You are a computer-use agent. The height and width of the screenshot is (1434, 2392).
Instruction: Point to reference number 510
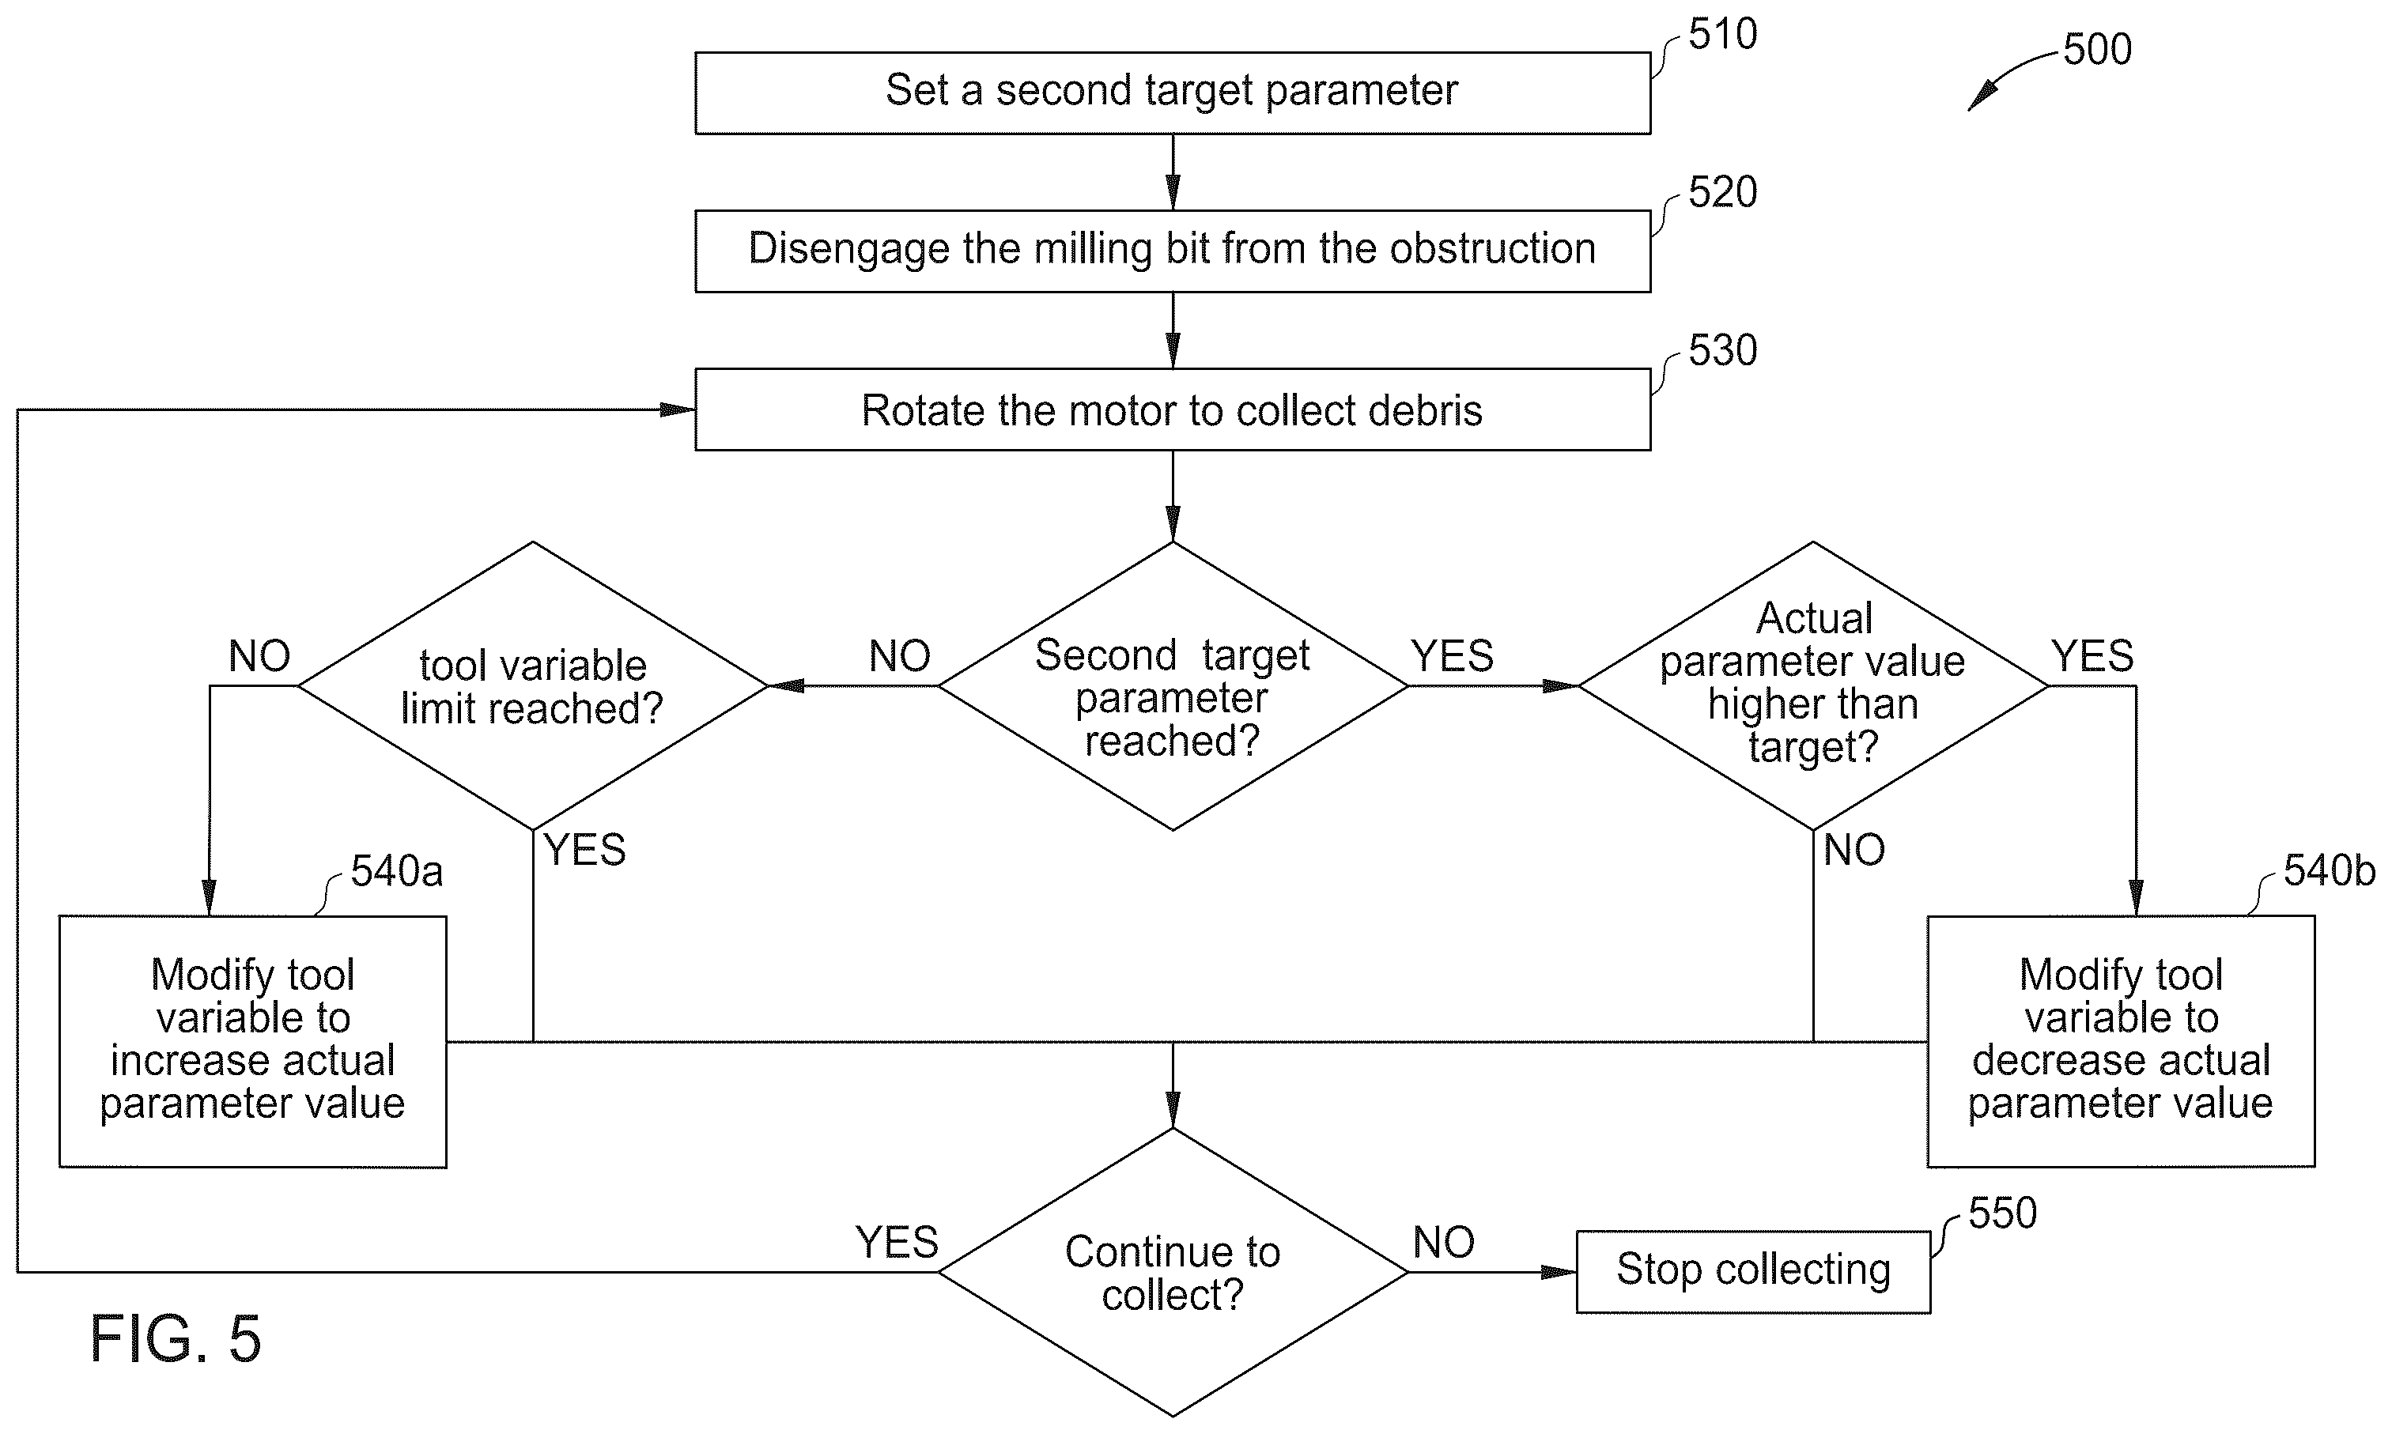(1722, 35)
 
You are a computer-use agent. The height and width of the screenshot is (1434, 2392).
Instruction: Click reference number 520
(1722, 192)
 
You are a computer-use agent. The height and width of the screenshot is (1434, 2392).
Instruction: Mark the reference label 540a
(396, 872)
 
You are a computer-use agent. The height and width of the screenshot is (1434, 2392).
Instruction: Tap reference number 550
(2002, 1213)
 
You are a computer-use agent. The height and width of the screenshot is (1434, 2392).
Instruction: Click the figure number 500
(2097, 49)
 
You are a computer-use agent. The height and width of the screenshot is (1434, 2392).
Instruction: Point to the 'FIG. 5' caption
(176, 1339)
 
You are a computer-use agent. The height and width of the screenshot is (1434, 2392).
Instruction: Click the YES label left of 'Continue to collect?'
(897, 1243)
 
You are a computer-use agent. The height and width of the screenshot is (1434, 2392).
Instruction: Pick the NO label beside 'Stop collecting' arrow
(1444, 1243)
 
